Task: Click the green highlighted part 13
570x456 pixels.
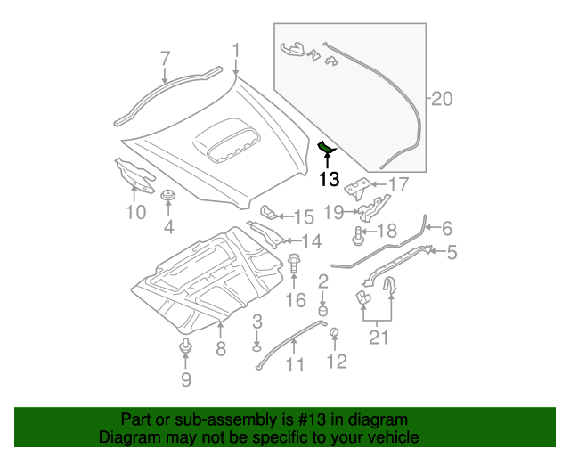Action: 327,146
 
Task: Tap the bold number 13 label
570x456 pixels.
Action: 329,180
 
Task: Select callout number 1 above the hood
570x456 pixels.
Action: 236,51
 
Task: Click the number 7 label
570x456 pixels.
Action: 165,59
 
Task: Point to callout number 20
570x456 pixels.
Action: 443,100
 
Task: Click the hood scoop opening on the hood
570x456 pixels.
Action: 231,142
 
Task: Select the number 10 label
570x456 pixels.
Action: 134,212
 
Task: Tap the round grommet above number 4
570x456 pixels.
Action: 167,196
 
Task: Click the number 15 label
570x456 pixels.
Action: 304,216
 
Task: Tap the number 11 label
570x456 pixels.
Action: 295,364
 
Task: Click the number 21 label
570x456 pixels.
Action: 379,337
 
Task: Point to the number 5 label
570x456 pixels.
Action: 452,253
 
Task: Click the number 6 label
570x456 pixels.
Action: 447,228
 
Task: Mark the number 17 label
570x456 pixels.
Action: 397,185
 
